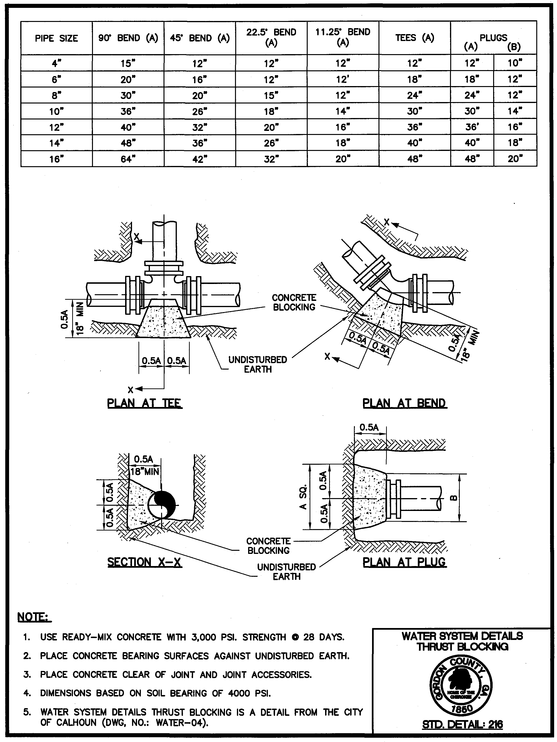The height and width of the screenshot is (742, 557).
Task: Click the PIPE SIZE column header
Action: (x=56, y=38)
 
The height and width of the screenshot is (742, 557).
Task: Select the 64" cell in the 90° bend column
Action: (x=128, y=159)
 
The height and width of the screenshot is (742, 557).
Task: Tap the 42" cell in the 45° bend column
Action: (x=199, y=159)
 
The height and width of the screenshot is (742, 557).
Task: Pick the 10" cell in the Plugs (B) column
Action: (x=515, y=63)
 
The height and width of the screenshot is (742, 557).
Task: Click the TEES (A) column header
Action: (x=414, y=38)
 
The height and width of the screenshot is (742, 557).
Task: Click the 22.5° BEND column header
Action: (x=271, y=37)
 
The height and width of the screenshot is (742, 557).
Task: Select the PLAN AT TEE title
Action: (x=144, y=403)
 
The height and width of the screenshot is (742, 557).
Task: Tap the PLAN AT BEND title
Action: (x=404, y=403)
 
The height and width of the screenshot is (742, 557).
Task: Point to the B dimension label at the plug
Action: (x=452, y=498)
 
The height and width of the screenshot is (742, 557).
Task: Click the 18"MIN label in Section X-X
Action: (x=144, y=471)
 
